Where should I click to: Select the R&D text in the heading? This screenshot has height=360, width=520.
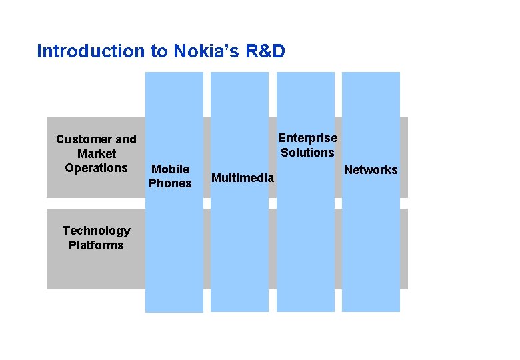(265, 51)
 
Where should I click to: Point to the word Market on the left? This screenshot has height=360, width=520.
(96, 154)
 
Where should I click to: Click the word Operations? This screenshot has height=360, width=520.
(96, 168)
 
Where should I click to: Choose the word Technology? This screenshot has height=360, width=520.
(96, 231)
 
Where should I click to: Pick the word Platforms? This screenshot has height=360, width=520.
(96, 245)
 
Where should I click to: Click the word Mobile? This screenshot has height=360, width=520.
(170, 169)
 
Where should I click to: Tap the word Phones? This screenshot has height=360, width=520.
(170, 183)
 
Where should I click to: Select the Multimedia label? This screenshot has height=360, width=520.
(242, 177)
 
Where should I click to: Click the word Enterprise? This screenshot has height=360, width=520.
(307, 138)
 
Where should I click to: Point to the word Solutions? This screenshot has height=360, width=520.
(307, 153)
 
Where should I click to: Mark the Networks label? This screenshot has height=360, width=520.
(370, 170)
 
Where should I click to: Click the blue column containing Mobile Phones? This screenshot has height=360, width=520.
(174, 253)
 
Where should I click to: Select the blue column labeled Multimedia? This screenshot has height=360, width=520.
(239, 253)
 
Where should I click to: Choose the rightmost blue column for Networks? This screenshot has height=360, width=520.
(371, 253)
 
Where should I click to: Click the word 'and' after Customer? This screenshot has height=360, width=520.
(125, 139)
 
